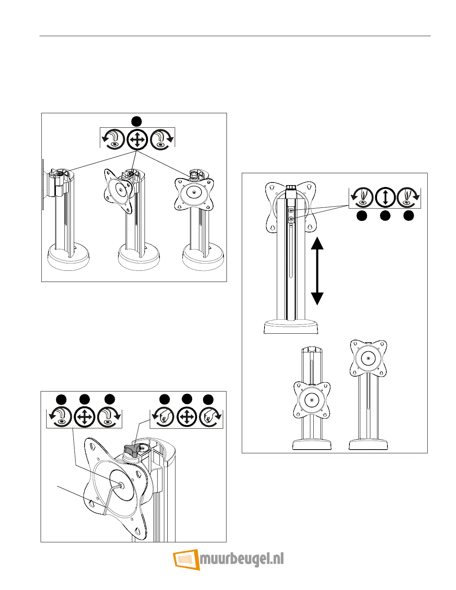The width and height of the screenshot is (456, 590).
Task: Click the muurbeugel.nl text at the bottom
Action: coord(242,559)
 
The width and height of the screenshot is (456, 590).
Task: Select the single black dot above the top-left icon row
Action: coord(137,121)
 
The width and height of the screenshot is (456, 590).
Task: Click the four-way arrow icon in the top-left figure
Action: coord(137,140)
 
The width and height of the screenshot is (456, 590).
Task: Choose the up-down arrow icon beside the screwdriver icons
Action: coord(385,197)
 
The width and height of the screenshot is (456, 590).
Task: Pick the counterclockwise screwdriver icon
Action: coord(361,197)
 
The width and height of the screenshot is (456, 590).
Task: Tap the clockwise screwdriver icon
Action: coord(408,197)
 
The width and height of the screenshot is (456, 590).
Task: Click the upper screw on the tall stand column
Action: coord(291,211)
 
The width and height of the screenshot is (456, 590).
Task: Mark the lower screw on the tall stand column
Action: coord(291,219)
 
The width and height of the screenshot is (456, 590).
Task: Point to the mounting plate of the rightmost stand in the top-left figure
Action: coord(194,193)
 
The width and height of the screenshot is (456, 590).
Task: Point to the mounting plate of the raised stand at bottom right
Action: coord(368,358)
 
